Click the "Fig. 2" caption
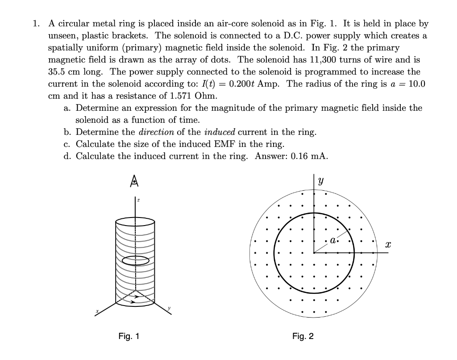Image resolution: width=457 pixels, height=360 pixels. pos(303,336)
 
